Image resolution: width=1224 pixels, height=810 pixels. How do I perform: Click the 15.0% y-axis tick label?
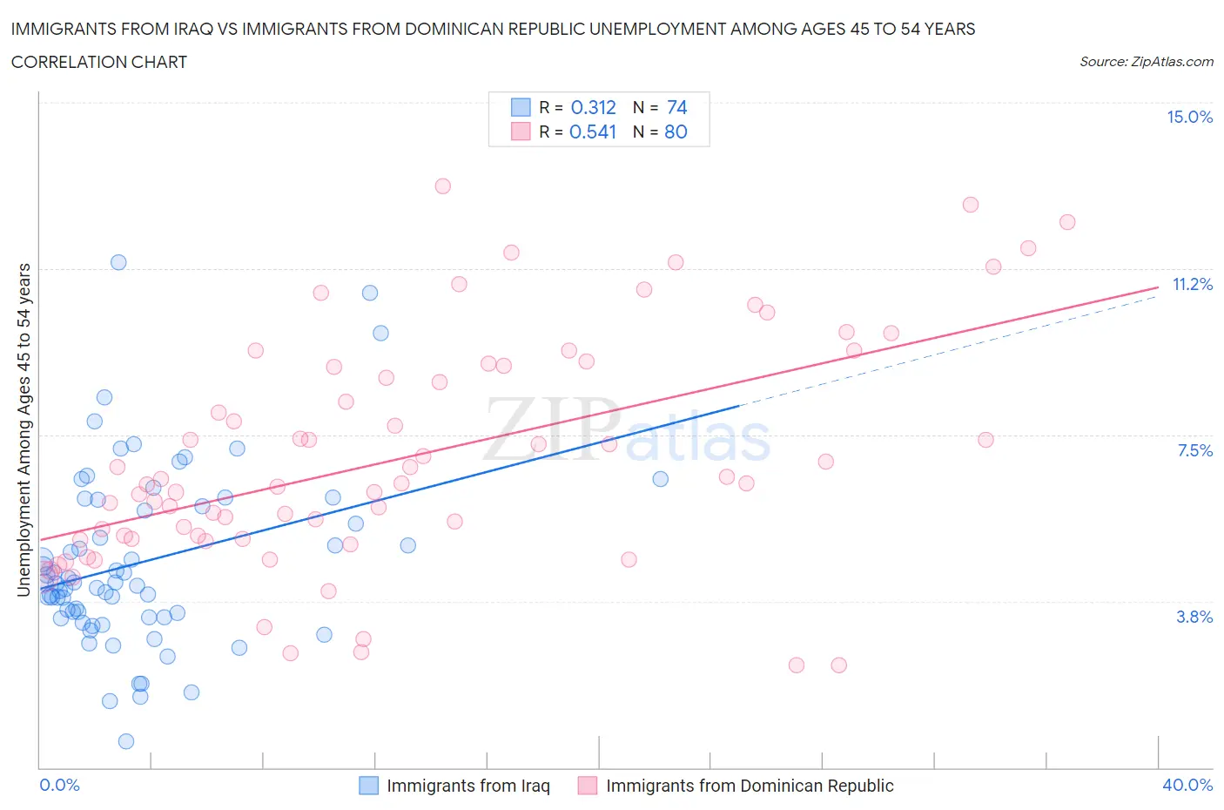click(1189, 118)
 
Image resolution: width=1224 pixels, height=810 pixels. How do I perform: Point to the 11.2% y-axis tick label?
click(1192, 284)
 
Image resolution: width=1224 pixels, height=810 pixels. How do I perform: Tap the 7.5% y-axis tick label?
click(1194, 450)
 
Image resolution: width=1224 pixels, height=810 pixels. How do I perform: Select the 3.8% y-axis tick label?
click(1194, 617)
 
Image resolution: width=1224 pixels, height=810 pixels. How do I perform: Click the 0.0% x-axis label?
click(59, 785)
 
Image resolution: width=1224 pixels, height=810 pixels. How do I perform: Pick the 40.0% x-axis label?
click(1187, 785)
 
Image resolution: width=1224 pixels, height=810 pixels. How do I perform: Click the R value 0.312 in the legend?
click(593, 107)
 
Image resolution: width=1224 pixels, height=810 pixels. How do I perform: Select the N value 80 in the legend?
click(676, 132)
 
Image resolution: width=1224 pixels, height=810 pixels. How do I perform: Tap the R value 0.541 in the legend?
click(593, 132)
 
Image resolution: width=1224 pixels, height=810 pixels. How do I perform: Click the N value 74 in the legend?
click(676, 107)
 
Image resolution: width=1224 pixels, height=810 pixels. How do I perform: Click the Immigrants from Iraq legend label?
click(467, 786)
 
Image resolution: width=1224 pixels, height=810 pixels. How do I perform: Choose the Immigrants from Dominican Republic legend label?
click(750, 786)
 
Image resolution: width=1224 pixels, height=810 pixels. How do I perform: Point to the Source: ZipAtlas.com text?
click(1146, 62)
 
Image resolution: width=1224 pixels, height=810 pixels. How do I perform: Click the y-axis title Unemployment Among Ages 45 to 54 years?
click(24, 429)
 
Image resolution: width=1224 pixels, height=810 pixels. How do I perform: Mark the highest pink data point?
click(442, 186)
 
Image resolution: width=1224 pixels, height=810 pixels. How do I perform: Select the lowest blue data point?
click(126, 741)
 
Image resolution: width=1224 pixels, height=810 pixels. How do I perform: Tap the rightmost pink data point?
click(1066, 222)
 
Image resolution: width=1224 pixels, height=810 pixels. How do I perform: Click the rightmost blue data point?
click(660, 479)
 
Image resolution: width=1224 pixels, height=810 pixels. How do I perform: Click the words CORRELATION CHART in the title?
click(99, 62)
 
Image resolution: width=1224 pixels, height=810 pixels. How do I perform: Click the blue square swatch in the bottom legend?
click(369, 786)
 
